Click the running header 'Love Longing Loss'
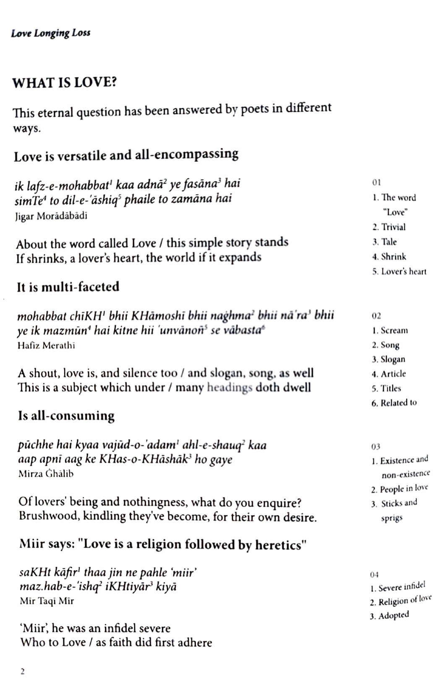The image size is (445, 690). pos(51,33)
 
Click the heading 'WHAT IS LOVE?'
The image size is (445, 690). pos(64,83)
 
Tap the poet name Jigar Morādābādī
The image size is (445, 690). pos(51,216)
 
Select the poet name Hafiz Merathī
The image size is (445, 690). pos(47,345)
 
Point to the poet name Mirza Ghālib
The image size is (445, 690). pos(46,474)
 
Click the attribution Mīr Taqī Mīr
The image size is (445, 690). pos(47,601)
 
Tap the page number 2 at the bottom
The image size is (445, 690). pos(22,672)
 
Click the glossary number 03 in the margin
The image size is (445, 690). pos(375,447)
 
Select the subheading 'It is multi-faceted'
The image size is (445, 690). pos(68,287)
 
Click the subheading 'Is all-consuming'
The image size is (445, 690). pos(66,416)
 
